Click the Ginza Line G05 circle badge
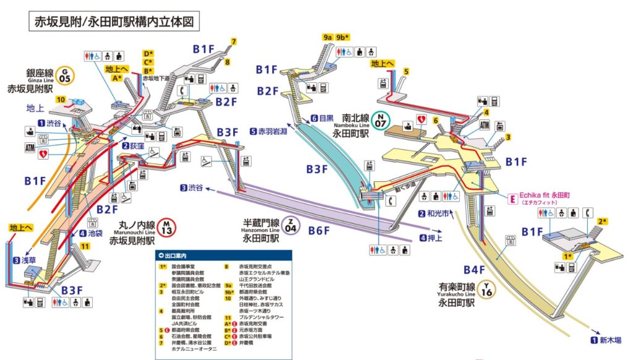point(66,75)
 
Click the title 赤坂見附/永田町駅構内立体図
point(112,21)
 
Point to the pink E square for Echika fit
point(512,199)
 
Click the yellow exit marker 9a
point(328,37)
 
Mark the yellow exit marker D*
point(148,53)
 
